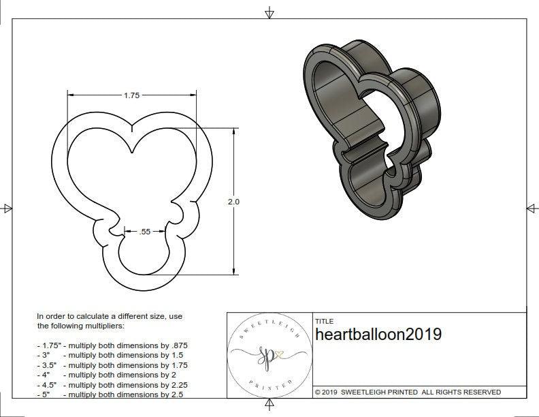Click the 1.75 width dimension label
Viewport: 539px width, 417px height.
pos(131,95)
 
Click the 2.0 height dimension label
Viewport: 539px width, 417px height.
pos(234,202)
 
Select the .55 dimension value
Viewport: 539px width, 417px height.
pos(144,232)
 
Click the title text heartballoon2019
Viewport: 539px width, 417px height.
pos(378,335)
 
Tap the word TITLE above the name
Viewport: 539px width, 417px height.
pos(324,321)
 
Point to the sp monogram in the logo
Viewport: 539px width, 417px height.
pos(266,355)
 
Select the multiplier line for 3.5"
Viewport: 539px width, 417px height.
pos(112,365)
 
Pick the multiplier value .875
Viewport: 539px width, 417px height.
pos(178,345)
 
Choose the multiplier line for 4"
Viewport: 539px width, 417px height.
pos(108,375)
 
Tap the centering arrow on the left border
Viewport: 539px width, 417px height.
pos(7,208)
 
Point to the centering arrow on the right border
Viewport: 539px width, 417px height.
pos(532,208)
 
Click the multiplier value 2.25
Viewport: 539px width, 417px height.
pos(178,384)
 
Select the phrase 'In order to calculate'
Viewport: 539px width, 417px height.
pos(75,317)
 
